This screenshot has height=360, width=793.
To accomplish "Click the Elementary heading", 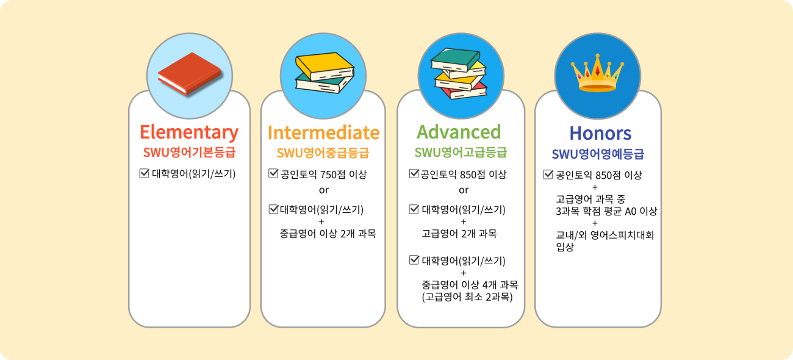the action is point(189,133).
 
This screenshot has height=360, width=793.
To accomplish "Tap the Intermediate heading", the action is point(323,133).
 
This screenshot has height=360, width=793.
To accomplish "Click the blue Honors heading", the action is point(600,134).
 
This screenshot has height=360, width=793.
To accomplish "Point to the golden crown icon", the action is point(598,73).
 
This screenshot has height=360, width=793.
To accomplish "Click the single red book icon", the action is point(190,74).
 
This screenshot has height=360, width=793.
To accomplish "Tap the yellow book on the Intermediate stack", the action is point(325,66).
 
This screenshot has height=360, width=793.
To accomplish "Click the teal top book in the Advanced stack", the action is point(456,59).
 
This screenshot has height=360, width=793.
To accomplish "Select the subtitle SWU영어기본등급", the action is point(189,153).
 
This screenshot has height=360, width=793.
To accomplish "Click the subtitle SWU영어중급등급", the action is point(323,153).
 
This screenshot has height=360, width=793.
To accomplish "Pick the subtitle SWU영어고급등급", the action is point(461,153).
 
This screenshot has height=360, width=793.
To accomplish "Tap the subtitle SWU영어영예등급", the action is point(598,154).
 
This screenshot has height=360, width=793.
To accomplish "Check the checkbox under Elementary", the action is point(144,173).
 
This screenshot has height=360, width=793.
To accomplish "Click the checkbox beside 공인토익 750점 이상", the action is point(273,173).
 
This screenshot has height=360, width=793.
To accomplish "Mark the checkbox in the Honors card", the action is point(548,175).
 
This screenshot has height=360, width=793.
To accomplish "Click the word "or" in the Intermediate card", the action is point(323,190).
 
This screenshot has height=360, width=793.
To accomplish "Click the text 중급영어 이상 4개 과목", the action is point(470,284).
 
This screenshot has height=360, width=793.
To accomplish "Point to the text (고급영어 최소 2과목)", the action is point(467,297).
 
